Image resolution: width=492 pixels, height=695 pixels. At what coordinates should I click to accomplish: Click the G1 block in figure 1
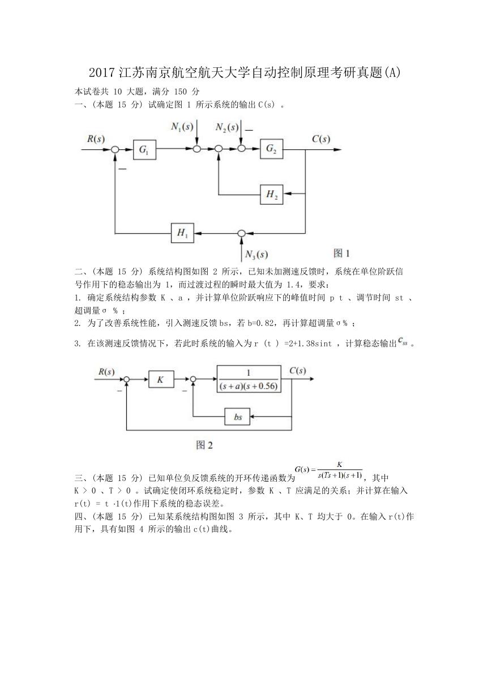point(144,149)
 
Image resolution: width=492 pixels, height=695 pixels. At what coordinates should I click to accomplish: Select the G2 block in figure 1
point(271,149)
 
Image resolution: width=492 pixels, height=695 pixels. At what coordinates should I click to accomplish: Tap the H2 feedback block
point(271,195)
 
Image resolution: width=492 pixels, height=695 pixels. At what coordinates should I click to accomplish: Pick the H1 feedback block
point(182,233)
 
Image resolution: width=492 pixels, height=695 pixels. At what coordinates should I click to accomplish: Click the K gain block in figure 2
point(161,379)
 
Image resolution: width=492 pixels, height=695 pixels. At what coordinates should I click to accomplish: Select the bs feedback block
point(237,417)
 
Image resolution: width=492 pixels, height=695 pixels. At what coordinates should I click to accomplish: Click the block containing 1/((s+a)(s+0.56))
point(249,379)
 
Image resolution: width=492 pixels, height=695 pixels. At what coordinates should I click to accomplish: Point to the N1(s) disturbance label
point(182,127)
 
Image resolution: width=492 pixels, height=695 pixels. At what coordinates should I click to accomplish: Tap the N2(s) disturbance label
point(227,127)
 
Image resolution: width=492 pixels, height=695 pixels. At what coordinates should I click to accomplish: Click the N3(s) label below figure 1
point(256,255)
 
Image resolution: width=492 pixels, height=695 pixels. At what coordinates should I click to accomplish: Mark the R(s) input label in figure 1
point(96,139)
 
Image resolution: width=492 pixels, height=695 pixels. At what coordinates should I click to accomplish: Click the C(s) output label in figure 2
point(298,371)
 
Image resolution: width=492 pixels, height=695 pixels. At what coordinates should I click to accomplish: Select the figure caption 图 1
point(341,253)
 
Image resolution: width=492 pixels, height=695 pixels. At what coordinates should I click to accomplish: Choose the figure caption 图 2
point(204,445)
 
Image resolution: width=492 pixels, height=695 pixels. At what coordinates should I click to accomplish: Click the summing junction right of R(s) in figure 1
point(115,149)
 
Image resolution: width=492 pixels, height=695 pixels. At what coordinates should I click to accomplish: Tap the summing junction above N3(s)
point(241,233)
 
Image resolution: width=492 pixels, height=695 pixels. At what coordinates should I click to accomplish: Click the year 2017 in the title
point(102,72)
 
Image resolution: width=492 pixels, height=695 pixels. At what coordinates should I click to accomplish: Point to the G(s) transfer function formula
point(328,470)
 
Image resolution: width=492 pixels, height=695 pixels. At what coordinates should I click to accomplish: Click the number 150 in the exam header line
point(181,92)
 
